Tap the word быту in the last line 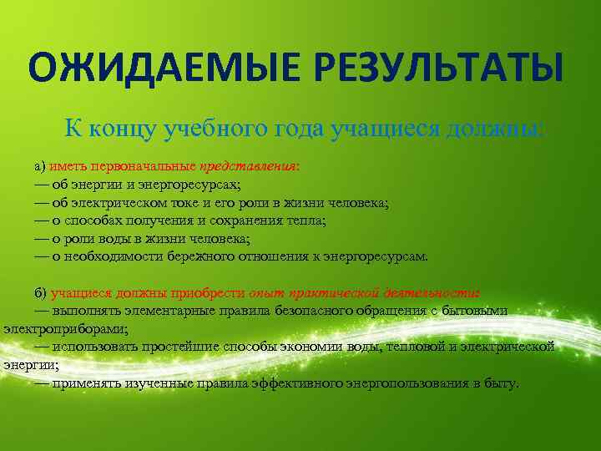[501, 383]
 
